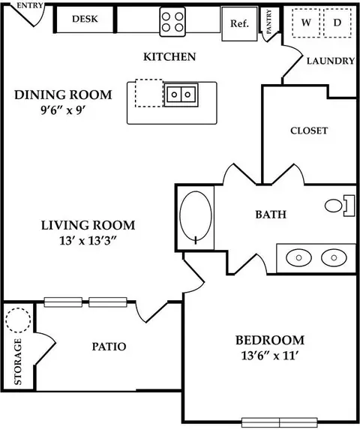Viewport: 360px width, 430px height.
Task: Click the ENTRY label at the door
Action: pyautogui.click(x=30, y=5)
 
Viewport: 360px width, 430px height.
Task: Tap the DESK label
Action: pyautogui.click(x=85, y=19)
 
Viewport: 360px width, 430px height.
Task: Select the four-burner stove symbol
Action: pyautogui.click(x=172, y=22)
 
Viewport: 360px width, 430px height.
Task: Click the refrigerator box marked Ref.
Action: pyautogui.click(x=239, y=24)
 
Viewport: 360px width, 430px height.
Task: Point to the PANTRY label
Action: pyautogui.click(x=268, y=22)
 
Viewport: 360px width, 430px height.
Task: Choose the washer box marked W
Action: pyautogui.click(x=306, y=23)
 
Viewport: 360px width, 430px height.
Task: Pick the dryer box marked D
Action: pyautogui.click(x=337, y=23)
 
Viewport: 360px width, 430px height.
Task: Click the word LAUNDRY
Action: pyautogui.click(x=331, y=61)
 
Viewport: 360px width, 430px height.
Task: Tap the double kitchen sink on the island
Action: pyautogui.click(x=181, y=95)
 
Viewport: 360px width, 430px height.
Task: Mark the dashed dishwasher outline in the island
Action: pyautogui.click(x=149, y=93)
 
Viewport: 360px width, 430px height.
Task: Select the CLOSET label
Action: pyautogui.click(x=309, y=131)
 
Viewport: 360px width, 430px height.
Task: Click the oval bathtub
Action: pyautogui.click(x=196, y=217)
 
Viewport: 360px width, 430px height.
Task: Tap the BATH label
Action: pyautogui.click(x=271, y=215)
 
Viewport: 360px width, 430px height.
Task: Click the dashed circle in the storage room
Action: pyautogui.click(x=18, y=320)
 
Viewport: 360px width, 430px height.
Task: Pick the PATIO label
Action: pyautogui.click(x=109, y=347)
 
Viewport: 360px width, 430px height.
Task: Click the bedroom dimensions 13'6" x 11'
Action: pyautogui.click(x=269, y=356)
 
